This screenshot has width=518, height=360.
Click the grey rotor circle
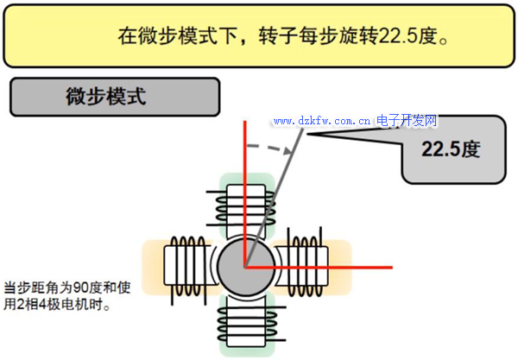pos(244,265)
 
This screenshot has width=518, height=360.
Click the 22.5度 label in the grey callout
pos(450,148)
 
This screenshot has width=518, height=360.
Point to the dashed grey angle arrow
pos(268,145)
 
